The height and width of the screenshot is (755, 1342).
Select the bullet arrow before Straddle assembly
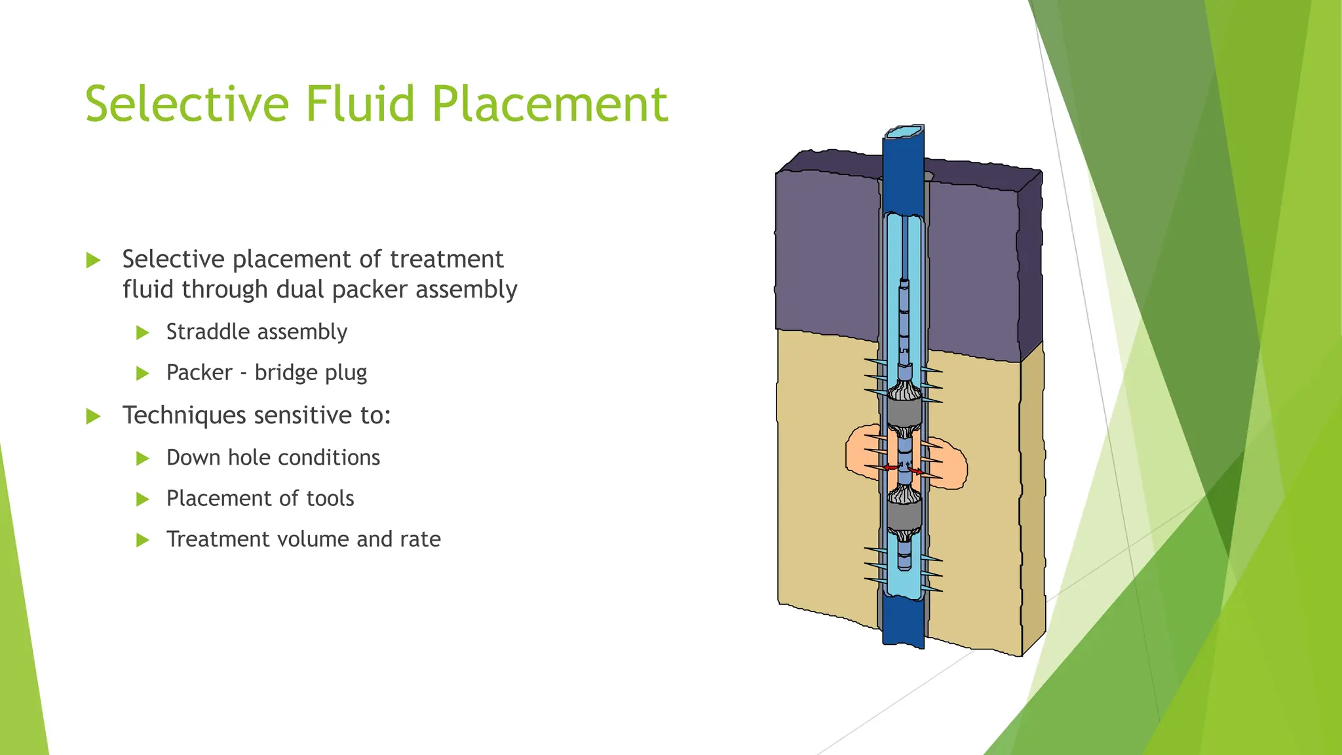(143, 333)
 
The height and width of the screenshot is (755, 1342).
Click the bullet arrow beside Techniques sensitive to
(94, 416)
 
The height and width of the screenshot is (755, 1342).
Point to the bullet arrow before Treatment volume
(143, 540)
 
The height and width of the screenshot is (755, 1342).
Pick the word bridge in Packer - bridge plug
(286, 372)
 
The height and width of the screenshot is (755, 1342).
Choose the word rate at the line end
(420, 539)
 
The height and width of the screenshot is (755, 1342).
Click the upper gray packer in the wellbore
(904, 413)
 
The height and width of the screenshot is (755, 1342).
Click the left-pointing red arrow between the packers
(890, 467)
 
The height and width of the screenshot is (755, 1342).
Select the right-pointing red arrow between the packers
(917, 471)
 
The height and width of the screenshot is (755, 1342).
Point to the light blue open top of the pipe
(904, 132)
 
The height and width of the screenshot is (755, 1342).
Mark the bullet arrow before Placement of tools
(143, 499)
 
